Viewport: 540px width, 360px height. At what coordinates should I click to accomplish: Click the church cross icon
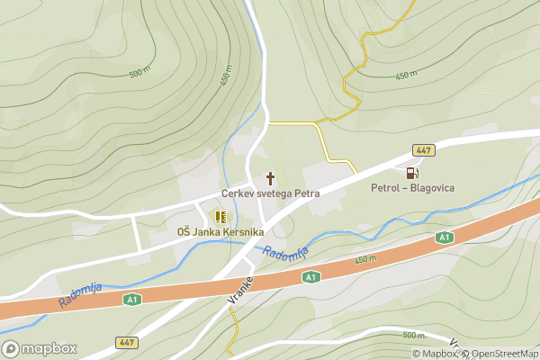pos(270,178)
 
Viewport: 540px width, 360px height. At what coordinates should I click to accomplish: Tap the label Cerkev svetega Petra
pos(271,193)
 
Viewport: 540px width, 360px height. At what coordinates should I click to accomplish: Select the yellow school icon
pos(220,217)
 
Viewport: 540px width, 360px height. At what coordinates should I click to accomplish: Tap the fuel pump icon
pos(412,173)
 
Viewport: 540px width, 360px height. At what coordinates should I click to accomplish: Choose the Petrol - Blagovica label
pos(413,188)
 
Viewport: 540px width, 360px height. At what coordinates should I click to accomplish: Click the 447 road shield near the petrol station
pos(424,149)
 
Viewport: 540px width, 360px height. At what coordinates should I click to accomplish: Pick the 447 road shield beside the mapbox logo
pos(127,343)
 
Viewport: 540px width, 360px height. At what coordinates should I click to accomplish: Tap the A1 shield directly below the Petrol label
pos(443,237)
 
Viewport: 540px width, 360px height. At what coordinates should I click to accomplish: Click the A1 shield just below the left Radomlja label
pos(132,299)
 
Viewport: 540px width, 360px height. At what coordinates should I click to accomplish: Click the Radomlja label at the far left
pos(80,295)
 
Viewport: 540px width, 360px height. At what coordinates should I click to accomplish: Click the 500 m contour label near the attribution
pos(413,335)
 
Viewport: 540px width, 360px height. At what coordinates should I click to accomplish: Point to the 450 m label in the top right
pos(409,75)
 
